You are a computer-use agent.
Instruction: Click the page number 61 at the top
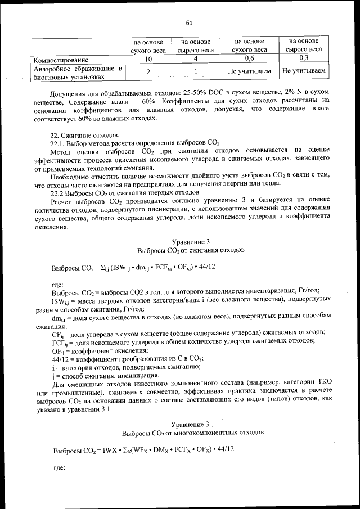coord(189,22)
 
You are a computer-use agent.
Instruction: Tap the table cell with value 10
coord(148,58)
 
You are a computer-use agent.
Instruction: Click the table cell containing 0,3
coord(304,58)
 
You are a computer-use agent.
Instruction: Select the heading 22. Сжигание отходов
coord(85,136)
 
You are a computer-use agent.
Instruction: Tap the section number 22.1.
coord(59,144)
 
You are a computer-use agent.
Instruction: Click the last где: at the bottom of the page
coord(58,467)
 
